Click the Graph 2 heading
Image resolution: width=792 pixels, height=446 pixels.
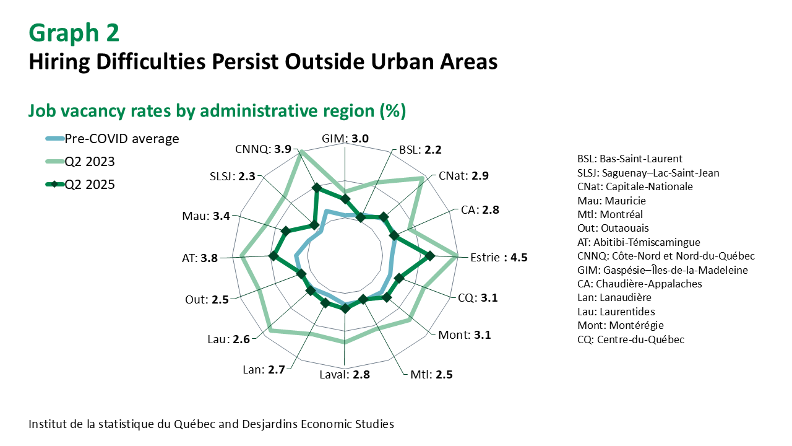(x=74, y=33)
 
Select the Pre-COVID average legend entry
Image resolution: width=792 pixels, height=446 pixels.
(x=113, y=139)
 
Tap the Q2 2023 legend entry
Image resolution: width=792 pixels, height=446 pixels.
(x=80, y=162)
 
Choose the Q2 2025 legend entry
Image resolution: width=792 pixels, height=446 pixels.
(x=80, y=185)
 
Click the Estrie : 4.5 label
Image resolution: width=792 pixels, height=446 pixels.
(x=499, y=257)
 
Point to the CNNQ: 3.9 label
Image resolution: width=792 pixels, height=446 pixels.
(x=264, y=149)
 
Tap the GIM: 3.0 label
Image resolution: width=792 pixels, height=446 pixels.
(x=345, y=139)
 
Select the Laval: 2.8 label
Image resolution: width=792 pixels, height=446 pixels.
(x=345, y=375)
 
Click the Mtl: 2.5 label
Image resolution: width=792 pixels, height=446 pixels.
(x=431, y=375)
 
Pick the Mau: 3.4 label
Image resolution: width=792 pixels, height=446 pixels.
(x=206, y=216)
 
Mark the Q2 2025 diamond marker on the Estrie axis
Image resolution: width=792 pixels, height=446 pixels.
(x=430, y=256)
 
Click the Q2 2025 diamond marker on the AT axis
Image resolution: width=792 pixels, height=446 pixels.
(x=273, y=256)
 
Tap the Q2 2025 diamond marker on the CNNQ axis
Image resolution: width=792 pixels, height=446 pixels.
(x=317, y=188)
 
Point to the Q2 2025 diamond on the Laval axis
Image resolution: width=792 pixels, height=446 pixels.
(x=345, y=309)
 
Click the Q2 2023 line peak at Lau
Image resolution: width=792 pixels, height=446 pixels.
(x=270, y=330)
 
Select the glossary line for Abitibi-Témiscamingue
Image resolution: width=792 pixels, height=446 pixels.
(x=639, y=242)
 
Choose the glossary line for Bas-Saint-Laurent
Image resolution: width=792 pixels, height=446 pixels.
(x=630, y=159)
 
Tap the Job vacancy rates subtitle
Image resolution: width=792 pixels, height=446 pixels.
(x=217, y=111)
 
